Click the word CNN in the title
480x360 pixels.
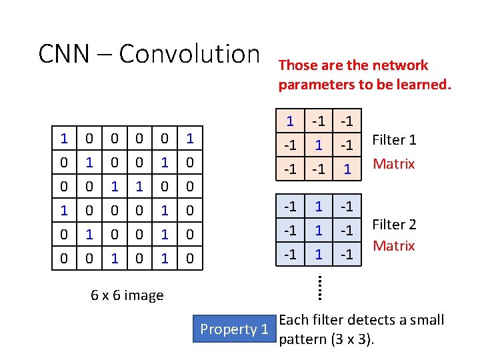[x=64, y=54]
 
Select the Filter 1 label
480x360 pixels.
[x=394, y=140]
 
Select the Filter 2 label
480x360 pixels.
[x=394, y=225]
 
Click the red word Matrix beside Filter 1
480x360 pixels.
[x=394, y=163]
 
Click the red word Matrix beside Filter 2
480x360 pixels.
[x=394, y=246]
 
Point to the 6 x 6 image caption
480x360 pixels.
[x=127, y=295]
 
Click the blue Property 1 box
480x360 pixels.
[x=235, y=329]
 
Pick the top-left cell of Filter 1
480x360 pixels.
[x=290, y=122]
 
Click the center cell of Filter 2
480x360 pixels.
[x=319, y=230]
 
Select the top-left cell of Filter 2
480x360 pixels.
[x=290, y=207]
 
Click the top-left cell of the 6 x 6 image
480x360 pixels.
[x=64, y=139]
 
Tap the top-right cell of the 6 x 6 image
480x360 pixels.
[x=190, y=139]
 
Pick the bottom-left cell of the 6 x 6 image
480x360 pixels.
[x=64, y=257]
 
